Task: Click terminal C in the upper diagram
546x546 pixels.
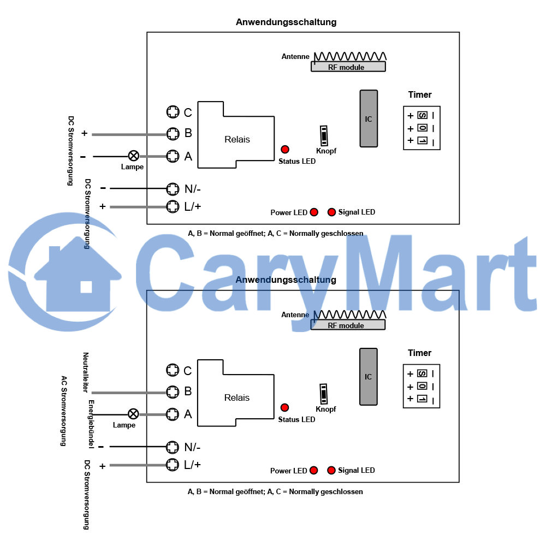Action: click(173, 112)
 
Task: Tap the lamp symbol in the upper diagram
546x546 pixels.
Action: click(134, 156)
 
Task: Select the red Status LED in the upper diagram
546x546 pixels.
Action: click(285, 150)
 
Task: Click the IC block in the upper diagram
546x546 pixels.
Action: click(369, 118)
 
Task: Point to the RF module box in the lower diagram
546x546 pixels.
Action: click(348, 325)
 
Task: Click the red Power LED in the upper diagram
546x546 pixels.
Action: click(314, 212)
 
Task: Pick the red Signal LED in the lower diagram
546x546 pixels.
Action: click(331, 470)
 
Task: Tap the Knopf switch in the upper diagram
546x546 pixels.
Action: click(324, 135)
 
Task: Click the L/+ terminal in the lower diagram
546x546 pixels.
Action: click(173, 465)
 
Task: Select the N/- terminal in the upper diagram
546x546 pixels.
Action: click(173, 189)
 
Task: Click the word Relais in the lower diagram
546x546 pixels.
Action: click(237, 397)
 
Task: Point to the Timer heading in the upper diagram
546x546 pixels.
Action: click(420, 94)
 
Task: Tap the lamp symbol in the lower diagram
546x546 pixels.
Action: click(133, 414)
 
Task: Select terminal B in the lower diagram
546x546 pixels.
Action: click(173, 391)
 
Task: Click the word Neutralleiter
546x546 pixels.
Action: click(86, 372)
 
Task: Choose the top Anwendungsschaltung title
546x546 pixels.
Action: click(286, 22)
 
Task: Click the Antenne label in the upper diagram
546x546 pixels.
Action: click(295, 56)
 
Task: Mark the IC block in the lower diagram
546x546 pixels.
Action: click(368, 376)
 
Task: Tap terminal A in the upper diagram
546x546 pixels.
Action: click(173, 156)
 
